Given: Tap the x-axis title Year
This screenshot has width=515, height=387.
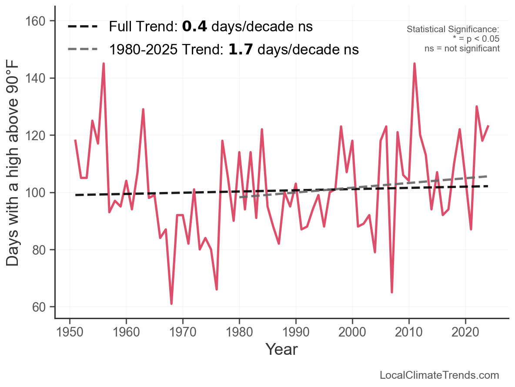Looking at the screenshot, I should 281,349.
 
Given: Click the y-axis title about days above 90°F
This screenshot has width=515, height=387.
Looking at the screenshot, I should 13,170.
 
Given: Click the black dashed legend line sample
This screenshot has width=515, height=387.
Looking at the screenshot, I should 83,27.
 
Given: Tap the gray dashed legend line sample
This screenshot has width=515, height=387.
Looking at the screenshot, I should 83,50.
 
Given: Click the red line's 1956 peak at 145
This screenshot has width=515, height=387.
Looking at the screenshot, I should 104,64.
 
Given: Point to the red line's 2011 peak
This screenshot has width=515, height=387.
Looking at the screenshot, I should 414,64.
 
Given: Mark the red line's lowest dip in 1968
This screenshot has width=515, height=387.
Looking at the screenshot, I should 171,303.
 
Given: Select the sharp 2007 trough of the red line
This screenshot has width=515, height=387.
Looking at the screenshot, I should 392,292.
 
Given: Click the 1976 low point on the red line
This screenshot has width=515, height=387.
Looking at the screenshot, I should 217,289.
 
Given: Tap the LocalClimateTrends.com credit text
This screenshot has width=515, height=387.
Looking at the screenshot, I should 439,375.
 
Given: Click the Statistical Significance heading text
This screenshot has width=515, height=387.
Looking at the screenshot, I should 452,30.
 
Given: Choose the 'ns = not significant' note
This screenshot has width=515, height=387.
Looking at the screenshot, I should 462,48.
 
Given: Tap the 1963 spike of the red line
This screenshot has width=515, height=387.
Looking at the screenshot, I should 143,110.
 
